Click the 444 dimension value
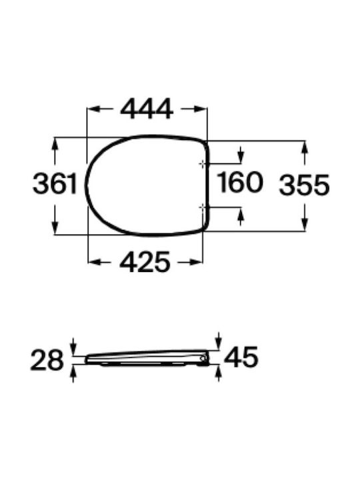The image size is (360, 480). click(x=147, y=109)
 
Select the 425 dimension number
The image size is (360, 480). click(x=145, y=262)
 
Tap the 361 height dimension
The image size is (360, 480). click(x=55, y=183)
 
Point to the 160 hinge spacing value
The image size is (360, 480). click(x=240, y=183)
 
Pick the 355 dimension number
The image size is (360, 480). click(x=304, y=185)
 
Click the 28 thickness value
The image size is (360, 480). click(x=47, y=360)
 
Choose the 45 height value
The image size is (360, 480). click(x=241, y=357)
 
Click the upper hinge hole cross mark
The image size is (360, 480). click(x=203, y=164)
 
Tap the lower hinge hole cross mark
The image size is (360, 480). click(x=203, y=208)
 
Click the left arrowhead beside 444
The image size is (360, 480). click(x=93, y=109)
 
